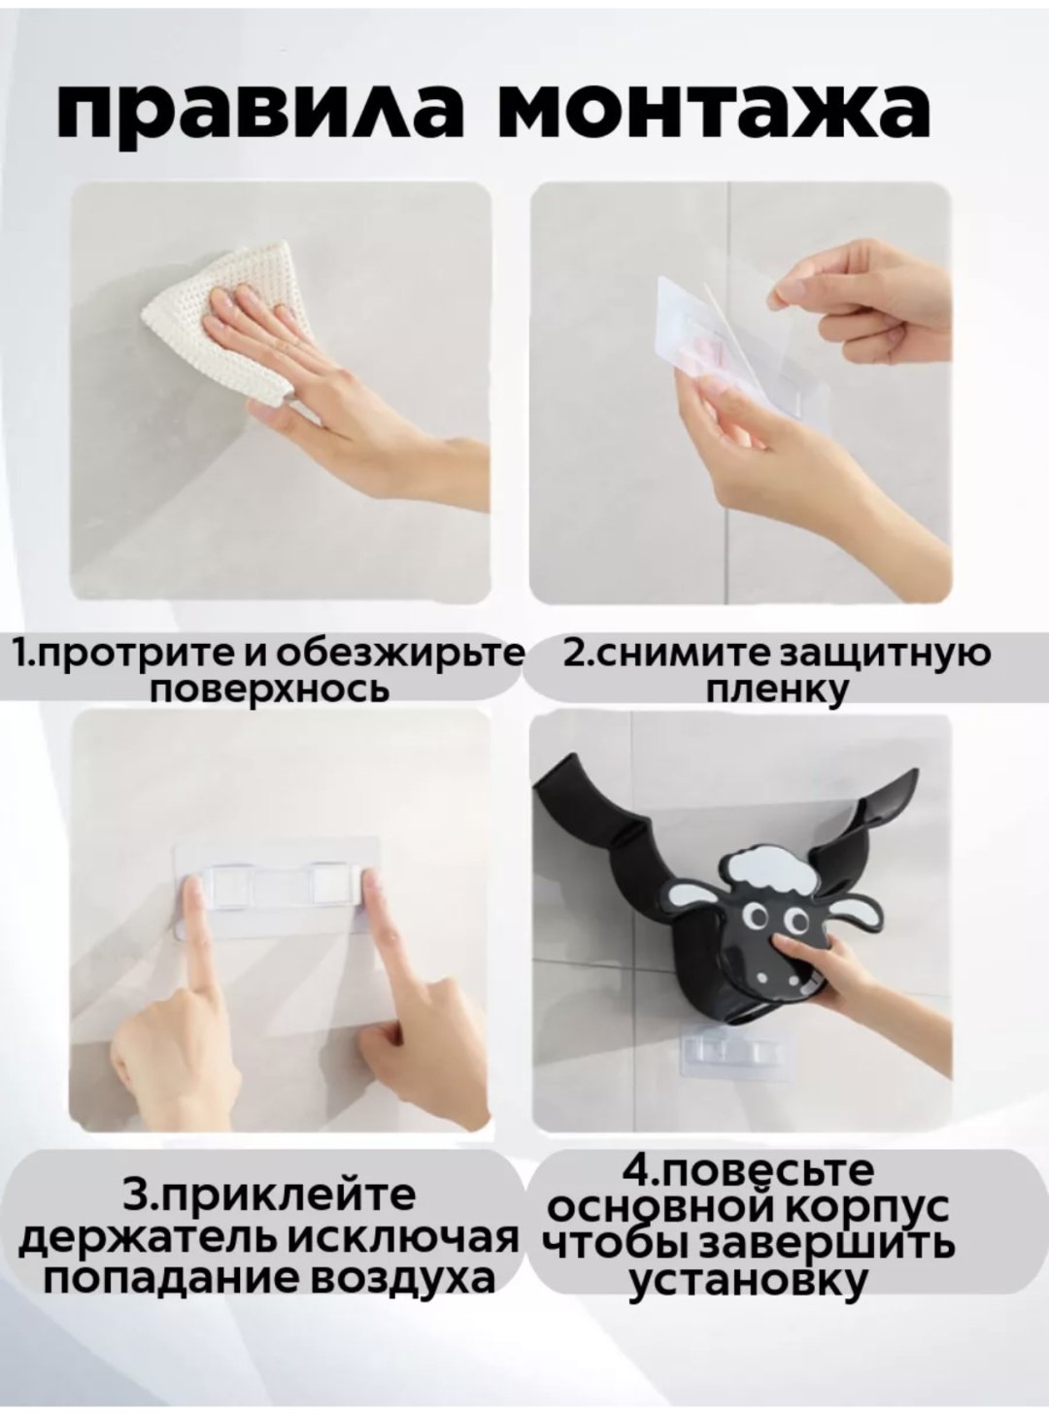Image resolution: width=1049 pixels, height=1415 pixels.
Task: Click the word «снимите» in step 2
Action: pos(669,654)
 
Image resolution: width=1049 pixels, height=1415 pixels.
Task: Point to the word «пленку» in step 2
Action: pos(776,689)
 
